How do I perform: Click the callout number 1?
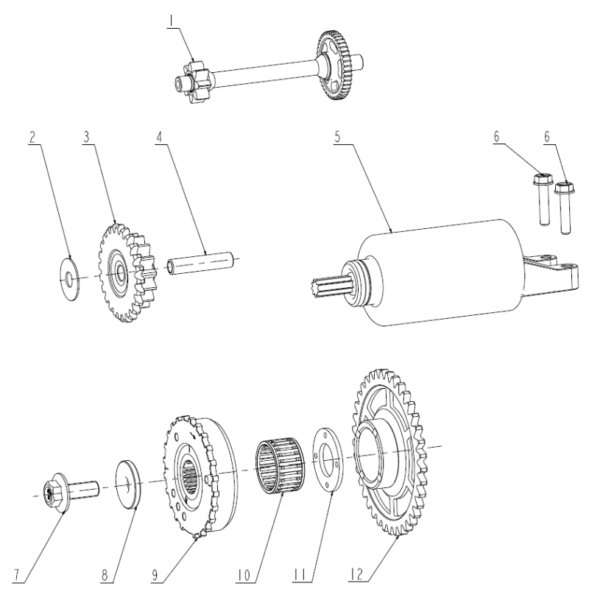[172, 21]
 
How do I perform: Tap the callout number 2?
[32, 138]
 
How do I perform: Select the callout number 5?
[337, 137]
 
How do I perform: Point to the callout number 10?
[244, 575]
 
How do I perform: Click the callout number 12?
[356, 574]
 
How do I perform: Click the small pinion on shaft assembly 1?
[194, 82]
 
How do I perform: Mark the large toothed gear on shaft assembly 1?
[336, 66]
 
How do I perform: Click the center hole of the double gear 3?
[121, 271]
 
